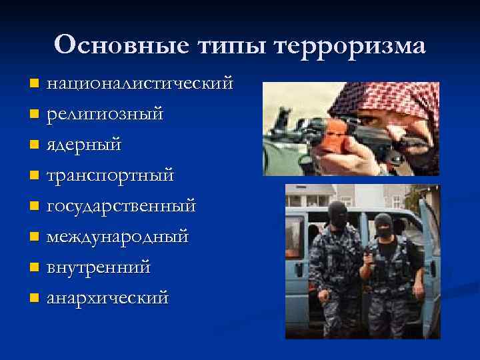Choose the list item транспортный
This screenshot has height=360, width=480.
pos(110,176)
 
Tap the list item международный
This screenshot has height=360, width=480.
pos(117,237)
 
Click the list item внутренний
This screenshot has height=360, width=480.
pos(98,267)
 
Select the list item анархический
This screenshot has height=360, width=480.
pos(107,297)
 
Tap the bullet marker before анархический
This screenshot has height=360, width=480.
pos(34,298)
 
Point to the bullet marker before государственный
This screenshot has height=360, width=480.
pos(34,207)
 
